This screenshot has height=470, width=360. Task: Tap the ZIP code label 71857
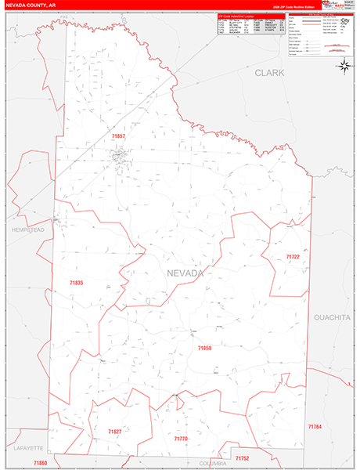tap(119, 136)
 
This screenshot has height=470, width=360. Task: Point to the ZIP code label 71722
tap(293, 257)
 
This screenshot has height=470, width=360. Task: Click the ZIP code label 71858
tap(205, 348)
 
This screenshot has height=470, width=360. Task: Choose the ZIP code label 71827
tap(115, 431)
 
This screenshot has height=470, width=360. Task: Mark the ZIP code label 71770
tap(181, 439)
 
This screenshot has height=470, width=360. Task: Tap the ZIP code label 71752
tap(242, 457)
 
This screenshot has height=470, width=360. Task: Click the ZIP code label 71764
tap(315, 426)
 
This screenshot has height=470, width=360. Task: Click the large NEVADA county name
tap(185, 273)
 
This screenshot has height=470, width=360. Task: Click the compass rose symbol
tap(344, 66)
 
